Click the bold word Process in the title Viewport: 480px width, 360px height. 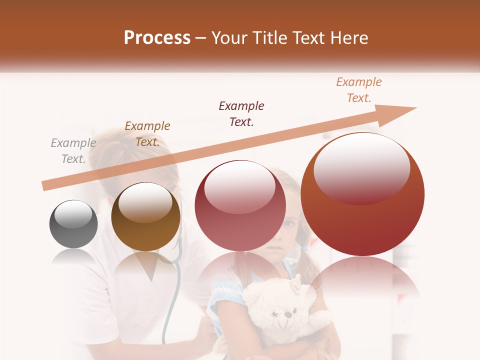click(x=157, y=38)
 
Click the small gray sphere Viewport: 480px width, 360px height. click(x=73, y=224)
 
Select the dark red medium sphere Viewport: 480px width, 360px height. click(x=240, y=205)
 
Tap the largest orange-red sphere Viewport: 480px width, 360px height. click(x=362, y=195)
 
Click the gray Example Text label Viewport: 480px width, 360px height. click(x=73, y=151)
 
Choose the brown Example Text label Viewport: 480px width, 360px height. click(x=147, y=134)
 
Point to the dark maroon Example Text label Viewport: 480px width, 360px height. click(x=241, y=114)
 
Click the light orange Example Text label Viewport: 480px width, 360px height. click(x=359, y=90)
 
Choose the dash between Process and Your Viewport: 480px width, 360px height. click(x=201, y=38)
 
